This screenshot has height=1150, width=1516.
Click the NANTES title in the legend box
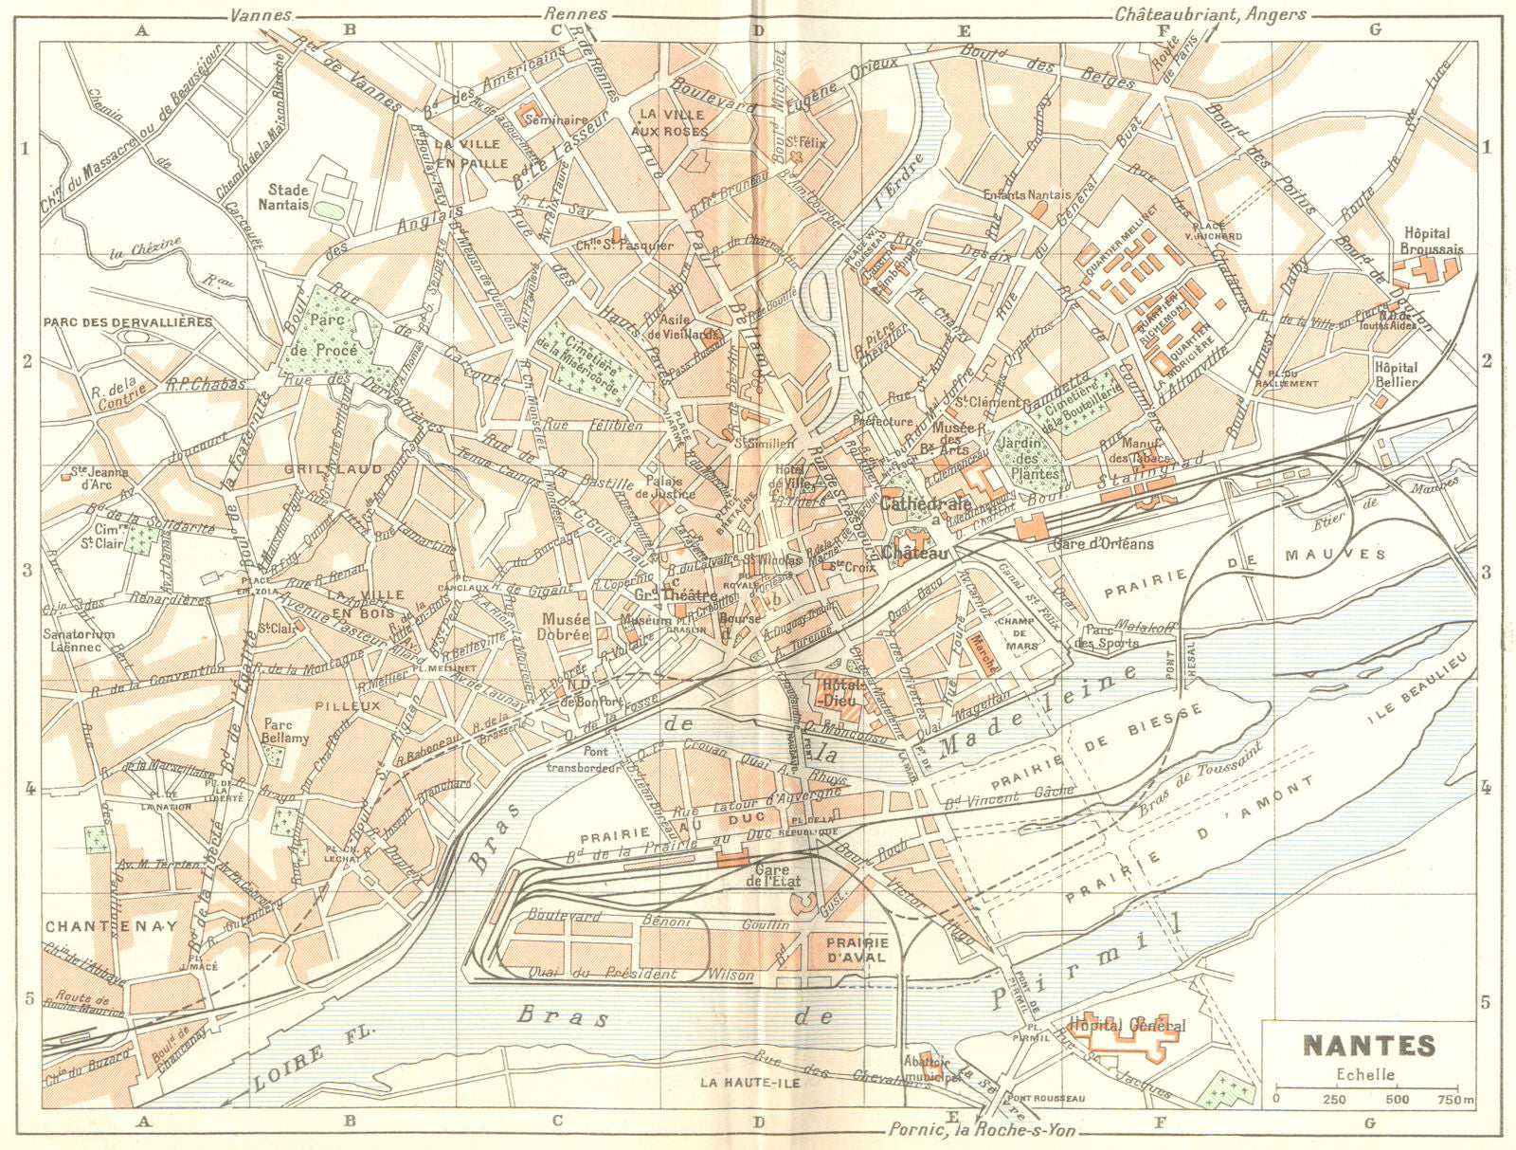click(x=1369, y=1045)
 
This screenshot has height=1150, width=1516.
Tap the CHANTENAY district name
click(x=111, y=925)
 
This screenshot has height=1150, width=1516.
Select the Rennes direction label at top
click(x=575, y=14)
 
